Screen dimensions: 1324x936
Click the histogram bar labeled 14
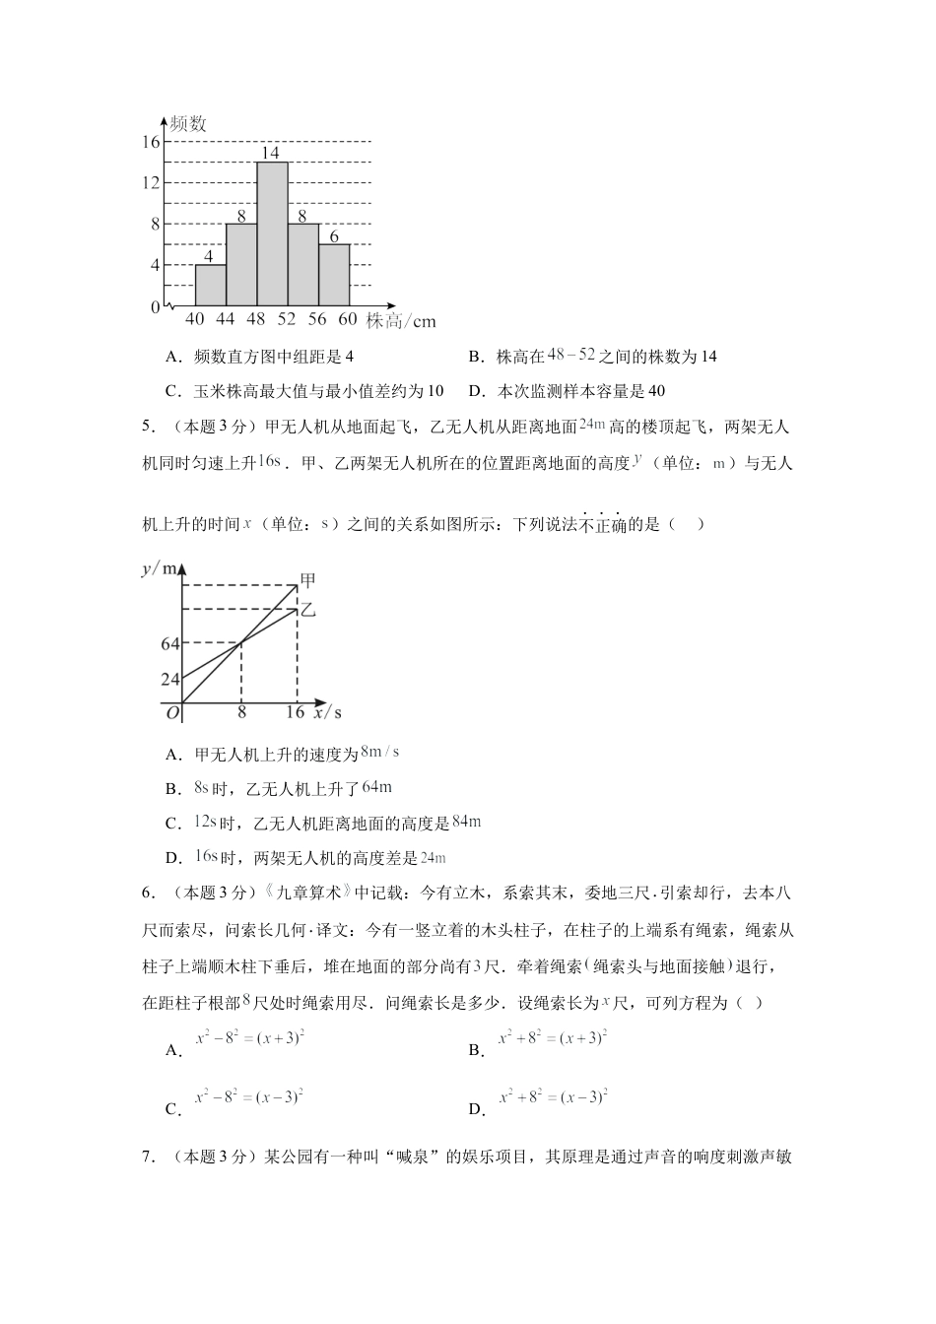tap(272, 233)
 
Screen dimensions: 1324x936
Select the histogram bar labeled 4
tap(210, 285)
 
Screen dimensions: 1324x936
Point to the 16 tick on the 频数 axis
tap(150, 142)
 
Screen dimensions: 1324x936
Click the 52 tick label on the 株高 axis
tap(287, 319)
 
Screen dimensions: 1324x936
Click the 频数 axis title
tap(188, 124)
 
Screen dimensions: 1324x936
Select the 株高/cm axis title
tap(401, 321)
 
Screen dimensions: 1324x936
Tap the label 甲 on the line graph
tap(306, 581)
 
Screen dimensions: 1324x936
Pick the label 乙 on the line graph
tap(307, 610)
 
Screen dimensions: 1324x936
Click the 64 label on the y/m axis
tap(169, 644)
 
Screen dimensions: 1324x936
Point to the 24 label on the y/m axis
tap(169, 680)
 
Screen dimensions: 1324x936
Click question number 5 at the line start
tap(149, 427)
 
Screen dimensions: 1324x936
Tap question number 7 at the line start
tap(149, 1157)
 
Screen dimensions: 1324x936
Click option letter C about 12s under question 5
tap(173, 824)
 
